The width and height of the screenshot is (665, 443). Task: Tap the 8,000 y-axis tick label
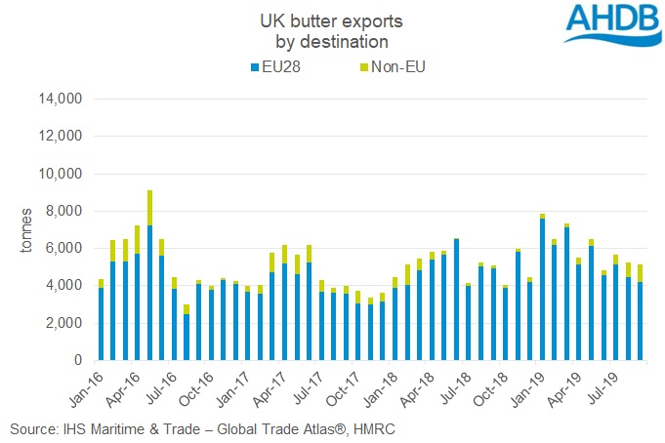(66, 211)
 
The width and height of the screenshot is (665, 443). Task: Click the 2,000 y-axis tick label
(66, 323)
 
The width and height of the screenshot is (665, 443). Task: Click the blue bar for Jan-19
(542, 290)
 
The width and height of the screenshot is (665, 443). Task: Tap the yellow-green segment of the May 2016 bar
(149, 207)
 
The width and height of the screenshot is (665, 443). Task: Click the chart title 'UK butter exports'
(332, 20)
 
